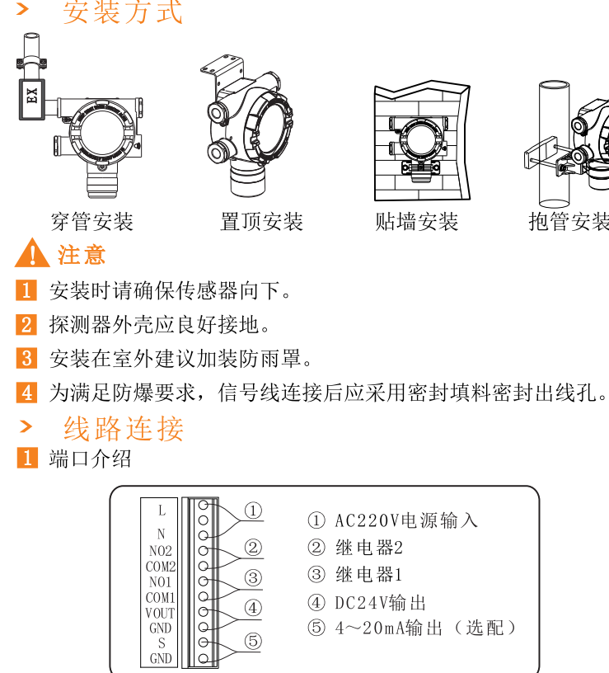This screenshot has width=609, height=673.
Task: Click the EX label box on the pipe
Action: point(32,100)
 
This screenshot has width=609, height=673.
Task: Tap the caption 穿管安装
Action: point(91,222)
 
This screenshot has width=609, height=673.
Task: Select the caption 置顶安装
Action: point(261,222)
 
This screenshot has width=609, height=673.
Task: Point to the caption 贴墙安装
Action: point(416,222)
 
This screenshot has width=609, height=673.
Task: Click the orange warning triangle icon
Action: point(32,253)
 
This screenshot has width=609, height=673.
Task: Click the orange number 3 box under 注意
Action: point(26,358)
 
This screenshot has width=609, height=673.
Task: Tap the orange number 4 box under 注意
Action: point(26,393)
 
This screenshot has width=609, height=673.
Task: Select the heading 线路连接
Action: point(124,428)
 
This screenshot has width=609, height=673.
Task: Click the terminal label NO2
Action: point(161,551)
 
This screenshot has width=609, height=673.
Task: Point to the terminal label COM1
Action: point(161,597)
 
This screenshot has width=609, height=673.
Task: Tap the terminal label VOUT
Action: point(160,613)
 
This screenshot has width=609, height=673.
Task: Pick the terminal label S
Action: point(162,643)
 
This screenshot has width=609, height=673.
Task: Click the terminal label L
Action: point(162,511)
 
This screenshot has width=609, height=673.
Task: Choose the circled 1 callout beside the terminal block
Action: point(253,511)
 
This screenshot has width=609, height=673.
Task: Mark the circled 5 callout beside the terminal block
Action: point(253,641)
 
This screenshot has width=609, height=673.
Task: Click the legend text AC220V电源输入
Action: point(405,520)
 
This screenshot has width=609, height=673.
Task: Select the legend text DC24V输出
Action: point(380,603)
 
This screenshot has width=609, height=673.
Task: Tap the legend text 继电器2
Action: point(369,548)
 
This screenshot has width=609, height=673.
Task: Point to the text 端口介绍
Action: point(90,459)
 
